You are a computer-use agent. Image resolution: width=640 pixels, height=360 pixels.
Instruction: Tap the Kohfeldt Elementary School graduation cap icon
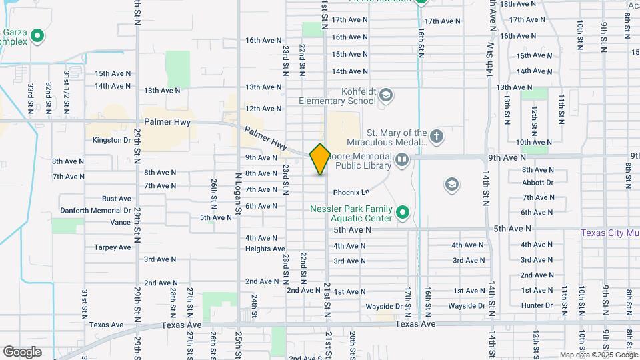point(385,96)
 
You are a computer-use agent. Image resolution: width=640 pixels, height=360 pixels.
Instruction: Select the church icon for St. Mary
point(436,137)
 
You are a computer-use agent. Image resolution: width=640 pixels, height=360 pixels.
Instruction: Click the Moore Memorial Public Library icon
point(402,159)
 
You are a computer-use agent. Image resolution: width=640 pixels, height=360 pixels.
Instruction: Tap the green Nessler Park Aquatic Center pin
point(402,213)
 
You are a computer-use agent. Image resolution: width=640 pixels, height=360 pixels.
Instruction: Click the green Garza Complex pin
point(38,36)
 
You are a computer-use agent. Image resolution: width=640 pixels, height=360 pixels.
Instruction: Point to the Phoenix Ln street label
point(351,193)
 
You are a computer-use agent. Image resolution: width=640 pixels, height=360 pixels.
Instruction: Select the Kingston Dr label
point(111,140)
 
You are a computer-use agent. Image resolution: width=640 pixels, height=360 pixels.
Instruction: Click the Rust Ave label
point(117,199)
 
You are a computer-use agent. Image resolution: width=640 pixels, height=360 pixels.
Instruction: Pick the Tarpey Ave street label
point(113,247)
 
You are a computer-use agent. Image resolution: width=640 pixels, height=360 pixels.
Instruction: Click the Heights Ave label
point(265,249)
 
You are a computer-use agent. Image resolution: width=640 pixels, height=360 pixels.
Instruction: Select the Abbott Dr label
point(537,183)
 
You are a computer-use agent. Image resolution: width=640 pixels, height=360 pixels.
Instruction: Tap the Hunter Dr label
point(537,305)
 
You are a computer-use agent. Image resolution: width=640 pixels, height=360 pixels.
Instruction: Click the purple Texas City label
point(609,233)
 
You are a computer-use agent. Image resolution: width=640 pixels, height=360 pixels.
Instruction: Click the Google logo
point(22,351)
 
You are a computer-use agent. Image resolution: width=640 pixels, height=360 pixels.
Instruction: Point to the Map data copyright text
point(597,355)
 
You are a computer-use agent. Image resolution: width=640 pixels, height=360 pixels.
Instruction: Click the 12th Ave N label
point(263,109)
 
